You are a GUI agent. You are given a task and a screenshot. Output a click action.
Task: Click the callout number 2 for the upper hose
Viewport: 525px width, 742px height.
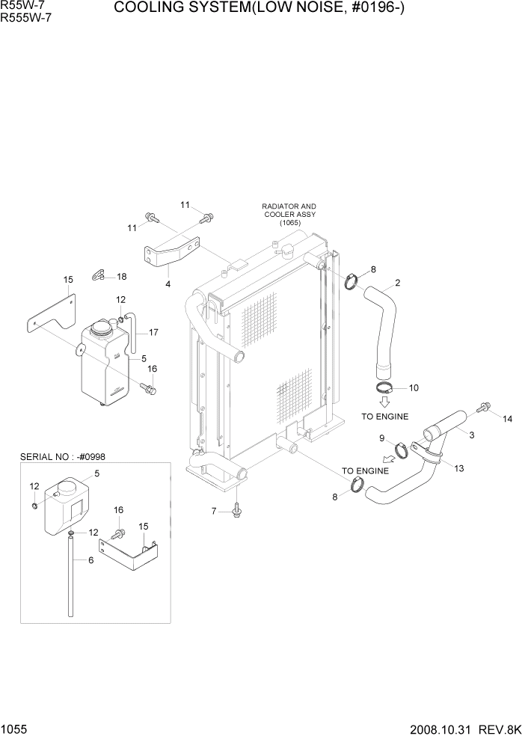(398, 283)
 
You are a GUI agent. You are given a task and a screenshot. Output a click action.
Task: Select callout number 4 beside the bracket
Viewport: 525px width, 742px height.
(168, 284)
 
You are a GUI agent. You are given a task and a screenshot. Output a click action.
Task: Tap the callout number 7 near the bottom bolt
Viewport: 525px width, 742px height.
(213, 512)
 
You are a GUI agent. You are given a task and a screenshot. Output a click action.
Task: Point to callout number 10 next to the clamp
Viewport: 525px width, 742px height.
(414, 387)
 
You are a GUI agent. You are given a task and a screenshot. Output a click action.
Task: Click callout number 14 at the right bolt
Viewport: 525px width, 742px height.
(508, 419)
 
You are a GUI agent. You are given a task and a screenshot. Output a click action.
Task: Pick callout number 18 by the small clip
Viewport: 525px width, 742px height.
(121, 276)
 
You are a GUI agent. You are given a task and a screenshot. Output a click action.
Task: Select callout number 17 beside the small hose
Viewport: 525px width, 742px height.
(153, 332)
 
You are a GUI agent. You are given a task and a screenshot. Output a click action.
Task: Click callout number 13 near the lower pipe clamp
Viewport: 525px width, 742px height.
(458, 468)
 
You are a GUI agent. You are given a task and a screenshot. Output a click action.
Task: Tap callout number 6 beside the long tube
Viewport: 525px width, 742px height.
(90, 559)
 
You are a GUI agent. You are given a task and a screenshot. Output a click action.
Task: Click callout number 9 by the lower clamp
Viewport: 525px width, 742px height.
(381, 438)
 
